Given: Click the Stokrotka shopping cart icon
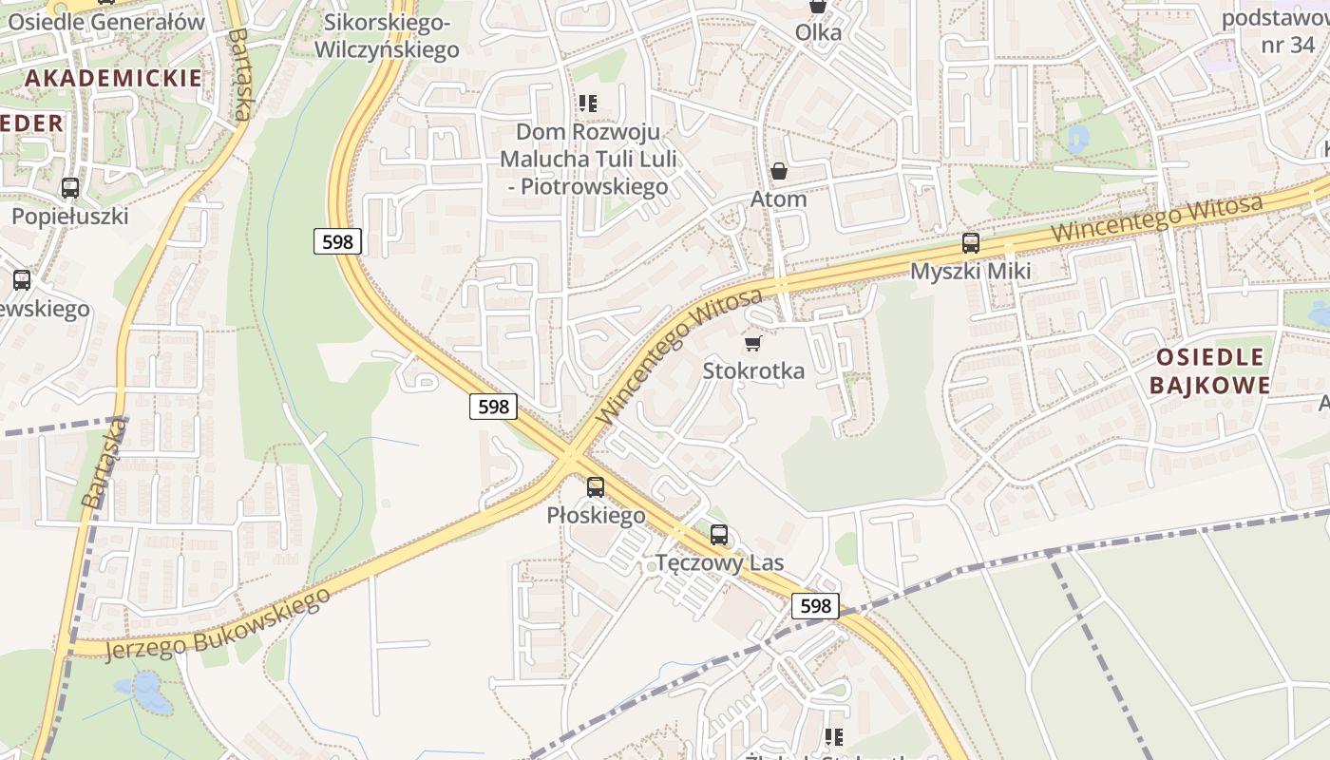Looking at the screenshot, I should click(753, 343).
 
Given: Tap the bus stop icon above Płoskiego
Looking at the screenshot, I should click(596, 487).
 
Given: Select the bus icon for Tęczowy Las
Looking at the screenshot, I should click(719, 535).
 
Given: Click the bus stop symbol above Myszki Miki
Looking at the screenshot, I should click(970, 243).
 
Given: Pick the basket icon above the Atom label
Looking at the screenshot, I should click(779, 171).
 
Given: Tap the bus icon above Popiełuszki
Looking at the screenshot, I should click(69, 188).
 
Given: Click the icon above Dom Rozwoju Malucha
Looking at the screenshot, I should click(588, 103).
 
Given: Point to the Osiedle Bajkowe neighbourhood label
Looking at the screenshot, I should click(1210, 371).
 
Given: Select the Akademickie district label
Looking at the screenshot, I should click(113, 78).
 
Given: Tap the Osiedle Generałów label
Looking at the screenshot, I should click(105, 22).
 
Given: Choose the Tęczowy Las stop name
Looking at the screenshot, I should click(720, 562).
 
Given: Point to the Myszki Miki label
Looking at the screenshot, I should click(970, 272).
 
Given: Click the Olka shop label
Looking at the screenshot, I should click(818, 32).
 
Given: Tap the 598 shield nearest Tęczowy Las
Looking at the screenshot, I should click(815, 606).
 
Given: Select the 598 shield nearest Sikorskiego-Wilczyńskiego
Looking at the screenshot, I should click(337, 241).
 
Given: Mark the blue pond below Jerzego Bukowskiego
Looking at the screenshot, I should click(150, 693).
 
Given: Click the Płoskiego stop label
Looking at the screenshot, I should click(596, 516).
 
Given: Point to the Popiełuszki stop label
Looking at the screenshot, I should click(69, 217).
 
